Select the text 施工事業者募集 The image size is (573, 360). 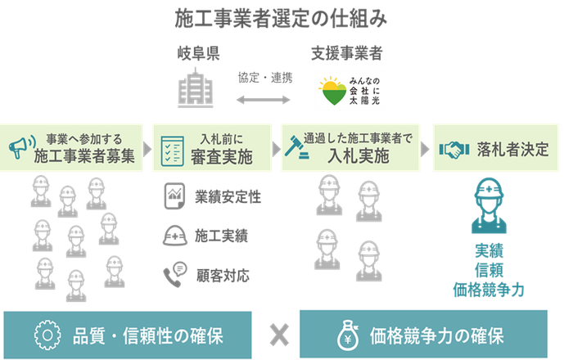(85, 156)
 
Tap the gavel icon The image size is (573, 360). (292, 148)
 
